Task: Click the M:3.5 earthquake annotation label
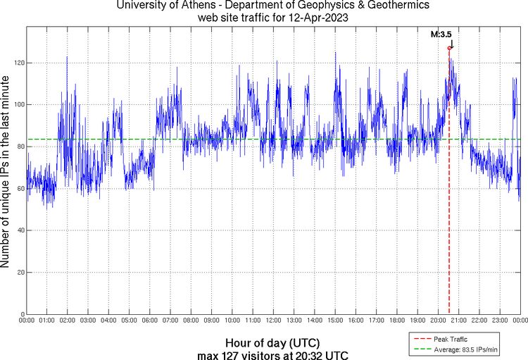click(441, 33)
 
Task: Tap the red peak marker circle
click(449, 48)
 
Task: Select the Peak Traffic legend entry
click(447, 339)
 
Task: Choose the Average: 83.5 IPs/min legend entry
click(463, 349)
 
